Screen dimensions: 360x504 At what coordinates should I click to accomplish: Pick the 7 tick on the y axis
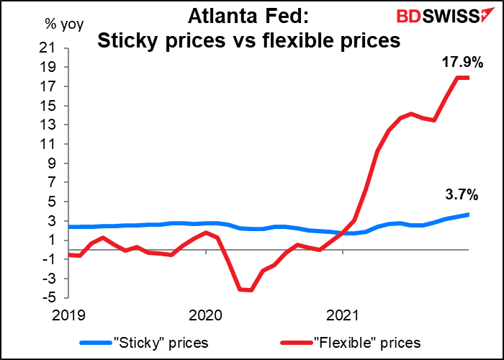(52, 182)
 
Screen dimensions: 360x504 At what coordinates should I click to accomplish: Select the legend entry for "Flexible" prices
(364, 342)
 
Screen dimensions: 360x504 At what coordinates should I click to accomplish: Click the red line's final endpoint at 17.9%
(469, 78)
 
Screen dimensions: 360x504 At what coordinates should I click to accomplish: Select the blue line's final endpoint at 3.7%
(469, 215)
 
